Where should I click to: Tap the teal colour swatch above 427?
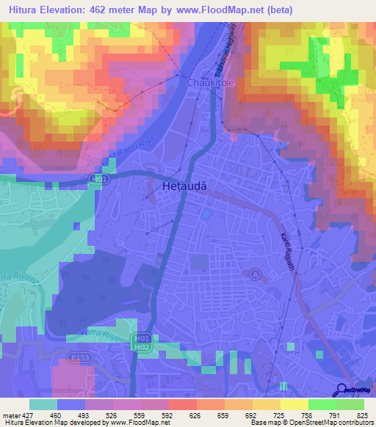(x=43, y=404)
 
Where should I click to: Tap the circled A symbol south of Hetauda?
(x=255, y=274)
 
